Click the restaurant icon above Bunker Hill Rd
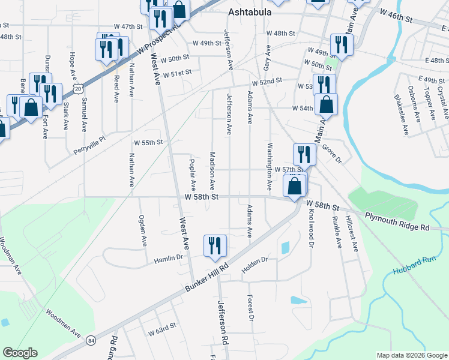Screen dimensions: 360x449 pos(215,246)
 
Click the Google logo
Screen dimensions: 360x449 pos(20,353)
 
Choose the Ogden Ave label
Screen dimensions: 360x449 pos(142,231)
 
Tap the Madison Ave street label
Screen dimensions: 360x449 pos(212,167)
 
